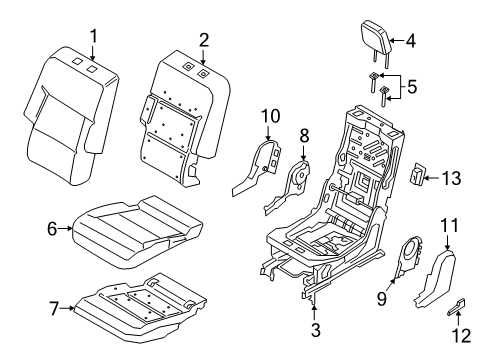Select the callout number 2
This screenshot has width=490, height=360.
click(203, 39)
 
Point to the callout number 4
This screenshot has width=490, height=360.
click(409, 41)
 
